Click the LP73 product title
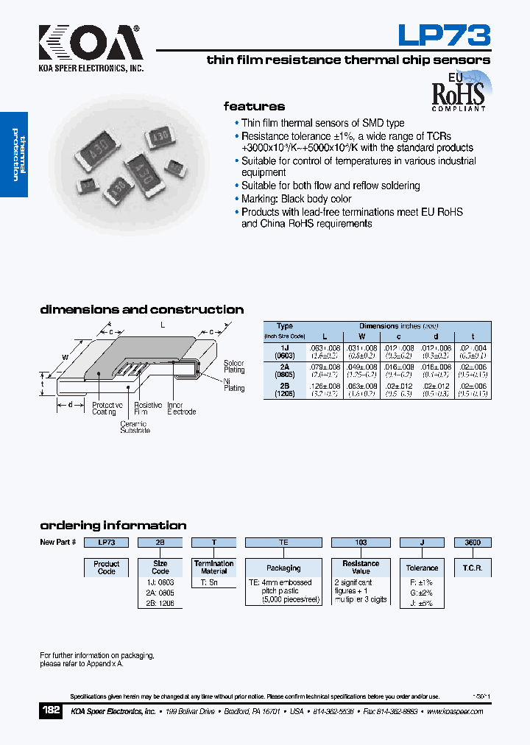[x=444, y=35]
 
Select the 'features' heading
[x=254, y=106]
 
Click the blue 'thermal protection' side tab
[x=14, y=155]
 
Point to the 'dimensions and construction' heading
[x=141, y=310]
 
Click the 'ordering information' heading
[x=113, y=526]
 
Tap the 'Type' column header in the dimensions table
[x=284, y=326]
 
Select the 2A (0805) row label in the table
[x=284, y=370]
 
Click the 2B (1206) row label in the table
[x=284, y=389]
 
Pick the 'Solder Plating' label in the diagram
[x=234, y=367]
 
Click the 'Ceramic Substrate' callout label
[x=135, y=427]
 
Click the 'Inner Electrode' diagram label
[x=181, y=409]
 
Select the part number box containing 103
[x=361, y=543]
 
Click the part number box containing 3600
[x=473, y=543]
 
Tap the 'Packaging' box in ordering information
[x=283, y=568]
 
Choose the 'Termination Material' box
[x=214, y=567]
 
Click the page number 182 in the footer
[x=51, y=711]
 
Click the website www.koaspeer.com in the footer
[x=454, y=712]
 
